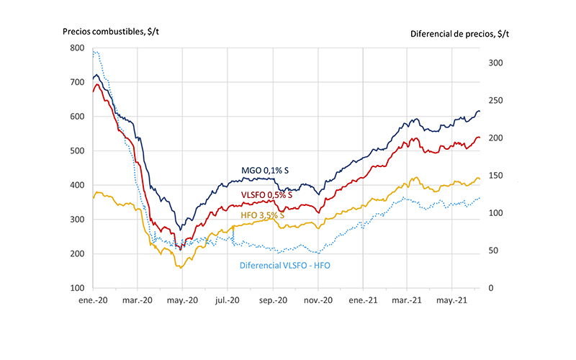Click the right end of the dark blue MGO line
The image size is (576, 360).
point(480,112)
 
